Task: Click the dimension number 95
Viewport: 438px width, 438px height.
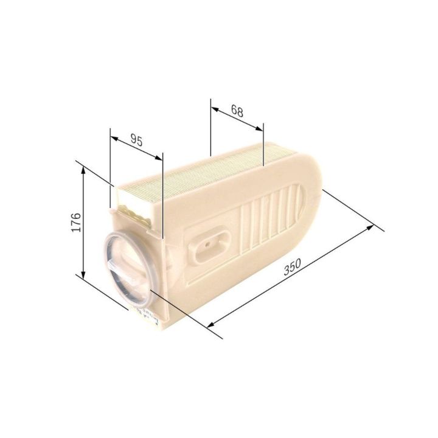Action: (x=136, y=141)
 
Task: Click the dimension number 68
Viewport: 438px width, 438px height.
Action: (x=237, y=111)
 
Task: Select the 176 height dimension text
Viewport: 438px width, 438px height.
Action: (x=76, y=223)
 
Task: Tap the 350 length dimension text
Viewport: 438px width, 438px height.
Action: (x=292, y=267)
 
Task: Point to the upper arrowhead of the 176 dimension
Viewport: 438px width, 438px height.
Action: (x=83, y=169)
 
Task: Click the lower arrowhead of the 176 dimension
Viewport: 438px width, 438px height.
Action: (x=83, y=274)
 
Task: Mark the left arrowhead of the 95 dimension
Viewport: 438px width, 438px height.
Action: (x=114, y=138)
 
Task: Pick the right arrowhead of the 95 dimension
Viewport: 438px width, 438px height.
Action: (x=158, y=158)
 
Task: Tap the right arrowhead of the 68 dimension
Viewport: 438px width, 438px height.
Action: (x=259, y=128)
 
